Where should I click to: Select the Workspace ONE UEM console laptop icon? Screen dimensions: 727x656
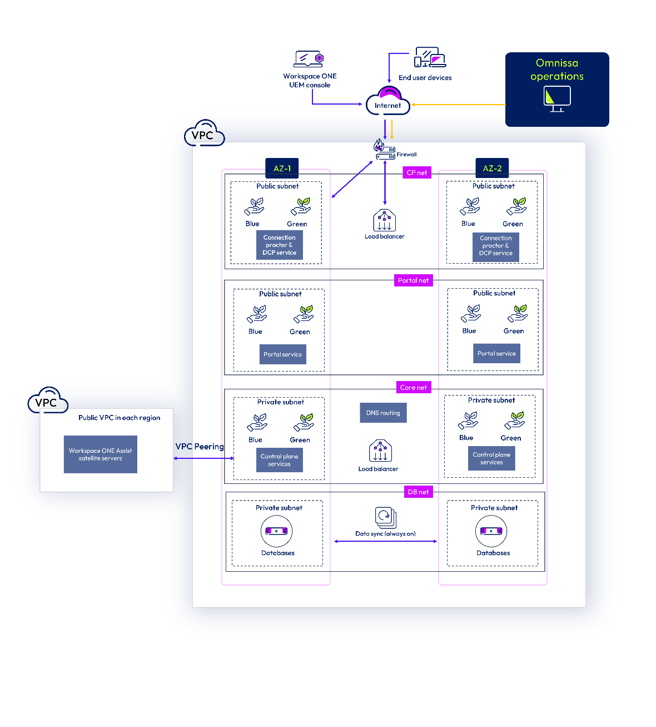(x=309, y=59)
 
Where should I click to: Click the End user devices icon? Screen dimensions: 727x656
(x=430, y=57)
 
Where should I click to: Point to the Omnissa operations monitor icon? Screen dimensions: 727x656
(x=557, y=99)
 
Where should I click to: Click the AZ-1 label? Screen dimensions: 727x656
(x=282, y=168)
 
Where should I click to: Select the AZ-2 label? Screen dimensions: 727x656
(x=492, y=168)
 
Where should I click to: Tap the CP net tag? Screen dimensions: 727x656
(x=417, y=172)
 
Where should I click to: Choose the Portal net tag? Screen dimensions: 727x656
(x=413, y=280)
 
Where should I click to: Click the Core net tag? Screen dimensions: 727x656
(x=413, y=388)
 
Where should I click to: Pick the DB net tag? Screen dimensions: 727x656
(x=418, y=492)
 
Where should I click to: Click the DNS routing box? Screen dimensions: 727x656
(x=383, y=413)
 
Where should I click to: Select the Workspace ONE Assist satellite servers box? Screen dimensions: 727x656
(x=101, y=454)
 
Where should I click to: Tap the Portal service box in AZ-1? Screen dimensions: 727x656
(x=282, y=354)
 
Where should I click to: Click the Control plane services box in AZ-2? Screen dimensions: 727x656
(x=491, y=458)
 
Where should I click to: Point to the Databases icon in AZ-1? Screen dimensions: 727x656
(x=276, y=531)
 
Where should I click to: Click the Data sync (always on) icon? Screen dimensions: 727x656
(x=385, y=517)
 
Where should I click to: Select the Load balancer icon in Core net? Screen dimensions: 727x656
(x=380, y=451)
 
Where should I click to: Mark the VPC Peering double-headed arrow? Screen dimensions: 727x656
(x=203, y=458)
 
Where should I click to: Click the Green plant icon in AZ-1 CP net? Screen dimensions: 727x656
(x=301, y=206)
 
